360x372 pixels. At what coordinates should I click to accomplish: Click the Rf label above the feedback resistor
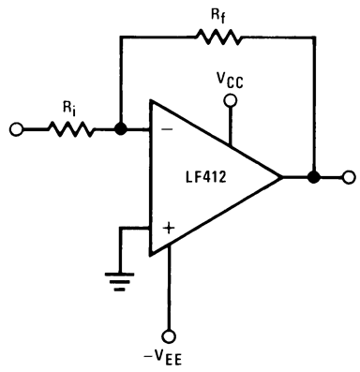[215, 14]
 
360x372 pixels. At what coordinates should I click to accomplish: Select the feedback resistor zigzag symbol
[217, 38]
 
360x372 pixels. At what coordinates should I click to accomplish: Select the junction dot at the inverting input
[121, 130]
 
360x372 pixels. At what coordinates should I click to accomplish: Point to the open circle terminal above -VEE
[170, 335]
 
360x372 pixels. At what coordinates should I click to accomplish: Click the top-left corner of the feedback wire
[121, 38]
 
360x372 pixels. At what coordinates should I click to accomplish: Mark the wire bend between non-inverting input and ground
[120, 226]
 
